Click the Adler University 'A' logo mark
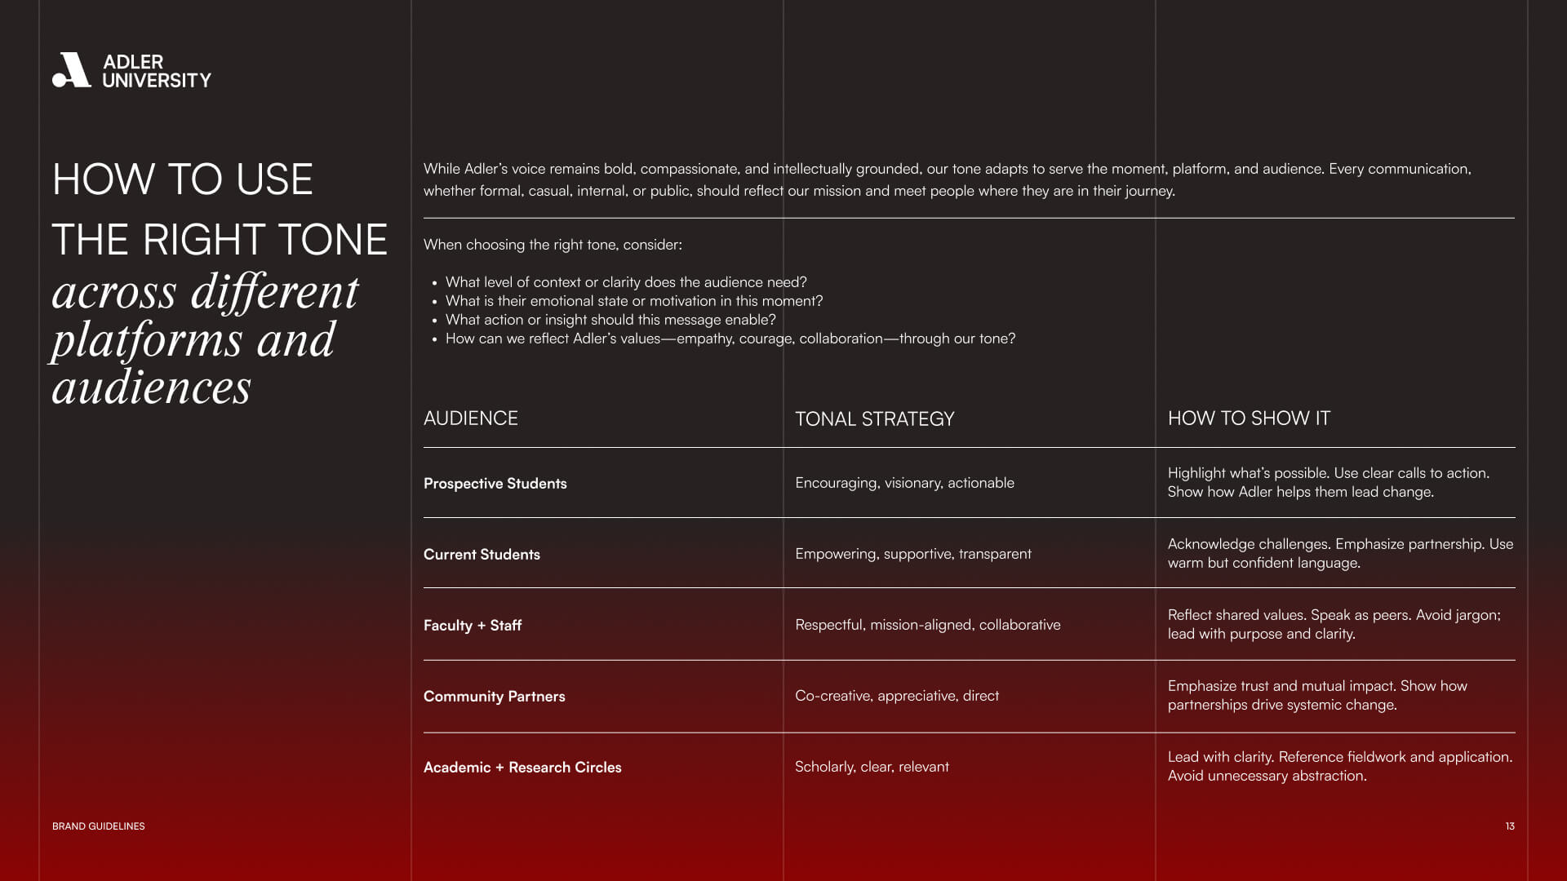tap(72, 70)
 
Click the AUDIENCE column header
tap(470, 418)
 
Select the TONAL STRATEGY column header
tap(874, 419)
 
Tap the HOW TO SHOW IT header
tap(1248, 418)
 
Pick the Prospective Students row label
tap(495, 484)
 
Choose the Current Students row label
tap(482, 555)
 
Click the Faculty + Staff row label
tap(472, 626)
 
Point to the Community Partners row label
tap(494, 697)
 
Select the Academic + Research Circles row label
tap(522, 768)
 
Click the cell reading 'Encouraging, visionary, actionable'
tap(904, 483)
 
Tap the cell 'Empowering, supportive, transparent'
tap(912, 554)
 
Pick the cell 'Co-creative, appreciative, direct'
tap(896, 696)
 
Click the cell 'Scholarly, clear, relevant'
tap(872, 767)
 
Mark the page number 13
tap(1509, 826)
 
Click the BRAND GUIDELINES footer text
tap(98, 826)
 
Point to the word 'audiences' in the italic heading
tap(151, 387)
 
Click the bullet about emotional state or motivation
tap(633, 301)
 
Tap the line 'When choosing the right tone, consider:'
tap(553, 245)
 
